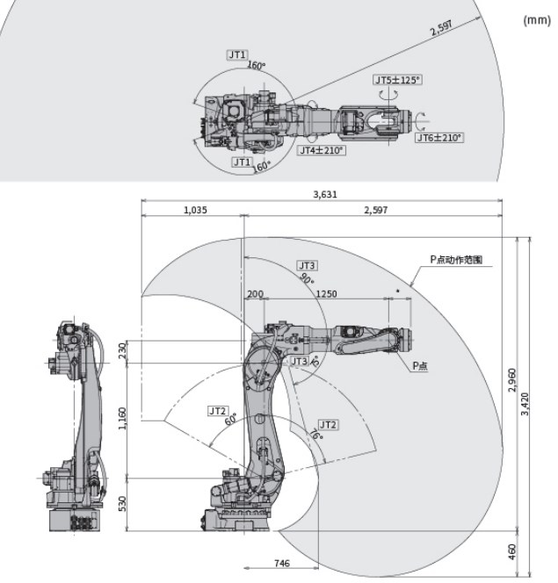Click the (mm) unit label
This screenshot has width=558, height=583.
coord(536,20)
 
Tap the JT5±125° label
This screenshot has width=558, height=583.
coord(397,80)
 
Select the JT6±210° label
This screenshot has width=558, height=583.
coord(439,138)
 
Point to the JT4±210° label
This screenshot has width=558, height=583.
coord(322,150)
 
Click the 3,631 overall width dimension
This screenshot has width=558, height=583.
coord(325,194)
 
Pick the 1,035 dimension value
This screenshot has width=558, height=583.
coord(195,210)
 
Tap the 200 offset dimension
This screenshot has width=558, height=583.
coord(255,294)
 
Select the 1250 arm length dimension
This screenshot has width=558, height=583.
coord(326,294)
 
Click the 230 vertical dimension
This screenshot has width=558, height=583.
coord(122,350)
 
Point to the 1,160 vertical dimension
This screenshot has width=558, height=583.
coord(122,418)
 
